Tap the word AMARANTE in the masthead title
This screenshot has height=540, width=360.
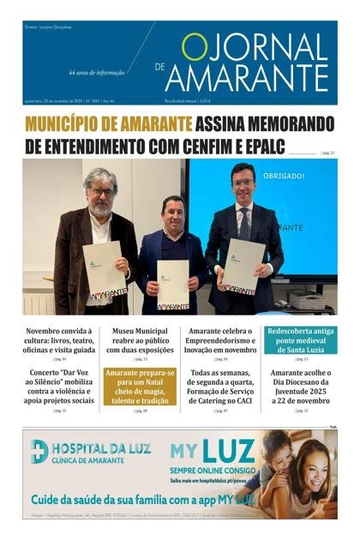click(246, 79)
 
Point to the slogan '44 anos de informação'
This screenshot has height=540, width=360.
click(97, 74)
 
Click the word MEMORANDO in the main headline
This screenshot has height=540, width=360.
click(284, 123)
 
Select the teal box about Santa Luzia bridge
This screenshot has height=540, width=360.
click(300, 339)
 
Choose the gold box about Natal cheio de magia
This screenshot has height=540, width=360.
click(139, 386)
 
